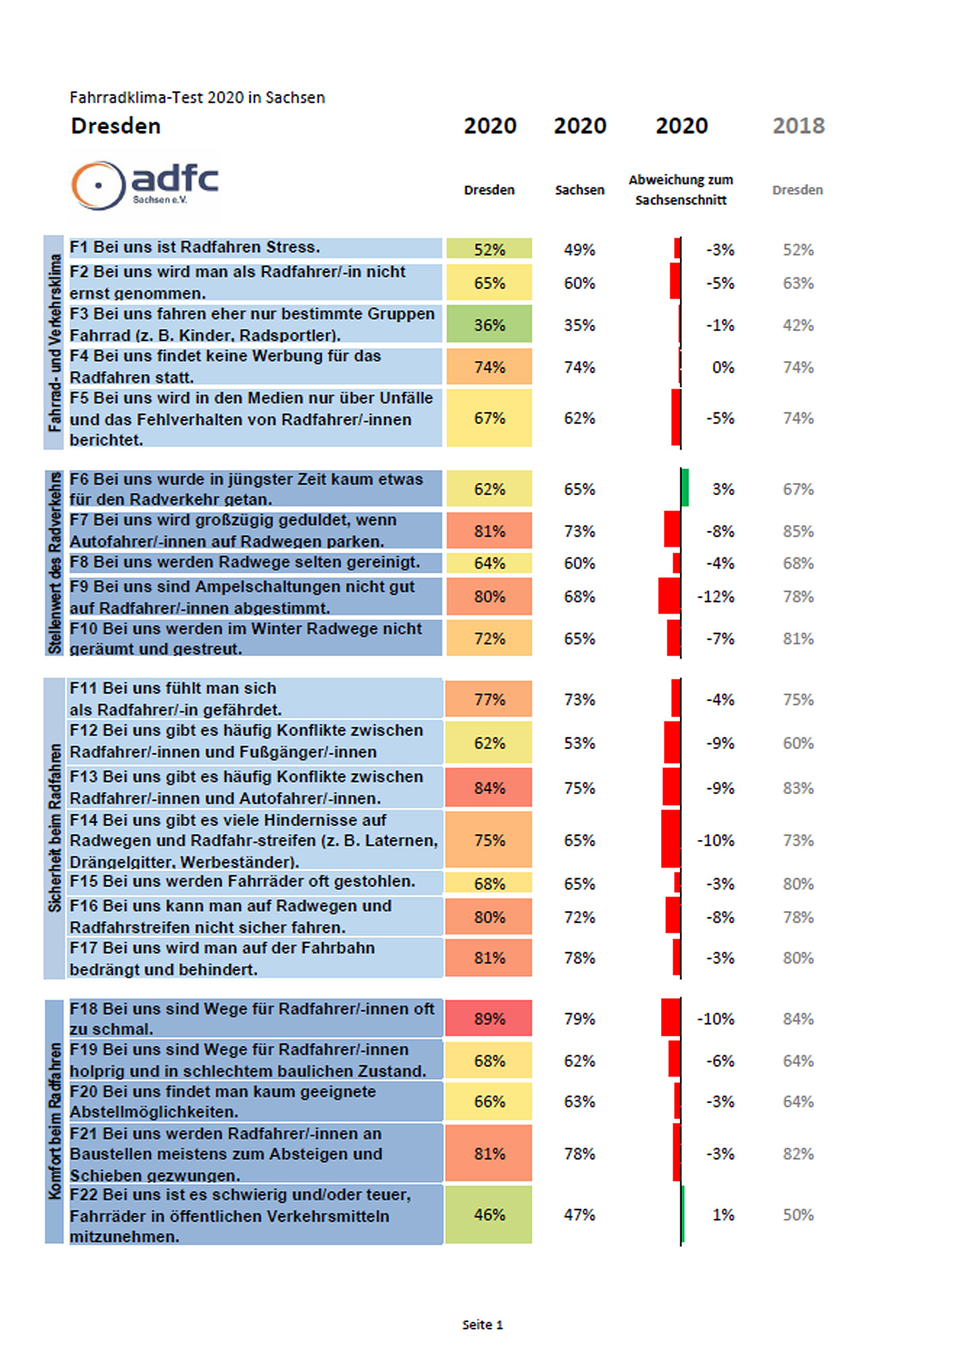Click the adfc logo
tap(144, 185)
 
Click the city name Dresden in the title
tap(116, 126)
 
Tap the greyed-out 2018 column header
tap(798, 126)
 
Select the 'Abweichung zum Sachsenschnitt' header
tap(681, 190)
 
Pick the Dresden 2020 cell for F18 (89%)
tap(489, 1018)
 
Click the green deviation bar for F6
tap(685, 487)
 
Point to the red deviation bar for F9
tap(669, 596)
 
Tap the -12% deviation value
tap(716, 597)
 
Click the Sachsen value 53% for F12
tap(580, 744)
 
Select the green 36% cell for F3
tap(489, 324)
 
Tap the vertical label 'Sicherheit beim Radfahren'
tap(55, 828)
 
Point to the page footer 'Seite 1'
tap(482, 1325)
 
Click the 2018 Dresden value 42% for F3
tap(798, 325)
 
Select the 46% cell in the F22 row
tap(489, 1214)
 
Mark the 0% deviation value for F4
tap(723, 367)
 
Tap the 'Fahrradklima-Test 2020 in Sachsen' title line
tap(197, 98)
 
